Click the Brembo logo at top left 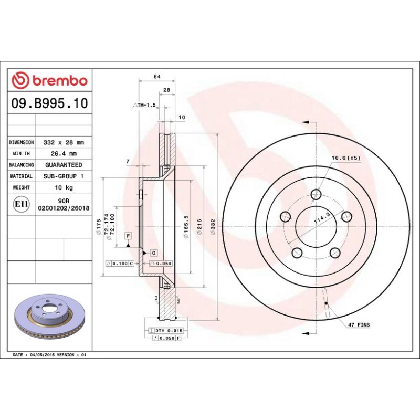coord(49,81)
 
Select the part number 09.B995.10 coord(49,103)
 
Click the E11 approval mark coord(21,204)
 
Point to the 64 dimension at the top coord(156,77)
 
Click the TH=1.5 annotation coord(145,106)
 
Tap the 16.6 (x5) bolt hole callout coord(345,157)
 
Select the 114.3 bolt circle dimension coord(321,219)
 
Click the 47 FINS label coord(359,325)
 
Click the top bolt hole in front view coord(316,195)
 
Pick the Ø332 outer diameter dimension coord(213,227)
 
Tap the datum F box coord(128,236)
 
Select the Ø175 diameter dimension coord(98,227)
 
